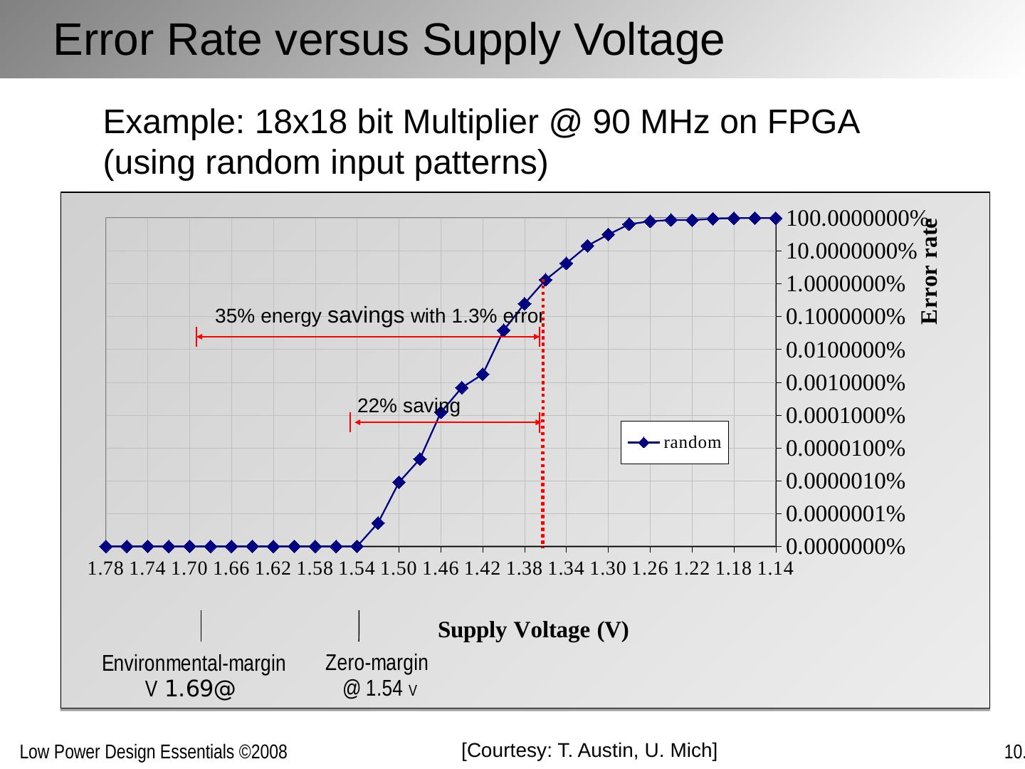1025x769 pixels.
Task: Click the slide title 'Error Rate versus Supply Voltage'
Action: click(389, 40)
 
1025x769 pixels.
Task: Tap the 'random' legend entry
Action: click(675, 443)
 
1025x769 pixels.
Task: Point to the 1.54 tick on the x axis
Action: click(357, 569)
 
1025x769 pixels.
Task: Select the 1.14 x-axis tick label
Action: click(775, 569)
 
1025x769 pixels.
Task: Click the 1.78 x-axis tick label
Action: click(106, 569)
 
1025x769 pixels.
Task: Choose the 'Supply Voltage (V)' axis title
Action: click(533, 630)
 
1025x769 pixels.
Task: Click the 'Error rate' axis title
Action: click(930, 272)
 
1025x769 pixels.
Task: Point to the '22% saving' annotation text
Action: click(409, 406)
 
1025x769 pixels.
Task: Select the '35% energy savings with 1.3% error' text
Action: click(379, 316)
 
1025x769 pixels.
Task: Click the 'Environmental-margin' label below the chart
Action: click(194, 664)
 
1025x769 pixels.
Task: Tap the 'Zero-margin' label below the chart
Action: click(377, 663)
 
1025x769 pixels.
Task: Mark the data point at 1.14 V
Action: click(776, 218)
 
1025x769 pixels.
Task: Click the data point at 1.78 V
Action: click(106, 546)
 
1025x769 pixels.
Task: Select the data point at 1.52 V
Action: click(378, 523)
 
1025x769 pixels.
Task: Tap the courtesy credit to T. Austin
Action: click(589, 750)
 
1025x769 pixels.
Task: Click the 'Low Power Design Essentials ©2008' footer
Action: click(153, 752)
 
